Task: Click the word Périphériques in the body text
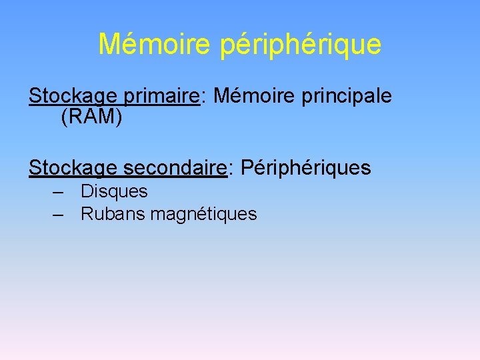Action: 305,169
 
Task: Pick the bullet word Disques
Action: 114,192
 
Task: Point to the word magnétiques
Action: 203,215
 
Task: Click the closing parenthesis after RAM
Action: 119,118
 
